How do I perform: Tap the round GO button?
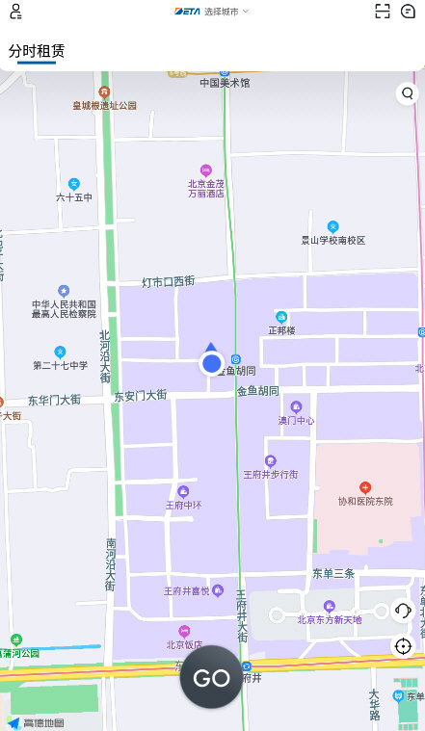(x=211, y=677)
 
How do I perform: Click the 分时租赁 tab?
(x=37, y=51)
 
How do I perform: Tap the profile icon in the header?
(x=15, y=12)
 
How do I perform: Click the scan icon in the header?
(x=383, y=12)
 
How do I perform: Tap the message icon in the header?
(x=408, y=12)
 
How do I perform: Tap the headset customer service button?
(x=403, y=611)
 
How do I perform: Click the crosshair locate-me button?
(x=403, y=645)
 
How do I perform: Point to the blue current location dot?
(x=211, y=363)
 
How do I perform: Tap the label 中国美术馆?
(x=225, y=83)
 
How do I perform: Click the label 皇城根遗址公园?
(x=104, y=105)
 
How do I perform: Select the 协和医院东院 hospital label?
(x=365, y=501)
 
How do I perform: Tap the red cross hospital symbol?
(x=365, y=487)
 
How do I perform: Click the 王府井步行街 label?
(x=270, y=474)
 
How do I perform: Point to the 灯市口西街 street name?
(x=169, y=281)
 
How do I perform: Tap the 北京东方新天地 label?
(x=330, y=619)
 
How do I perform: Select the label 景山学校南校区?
(x=333, y=240)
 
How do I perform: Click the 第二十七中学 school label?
(x=60, y=365)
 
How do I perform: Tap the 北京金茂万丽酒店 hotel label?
(x=205, y=188)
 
